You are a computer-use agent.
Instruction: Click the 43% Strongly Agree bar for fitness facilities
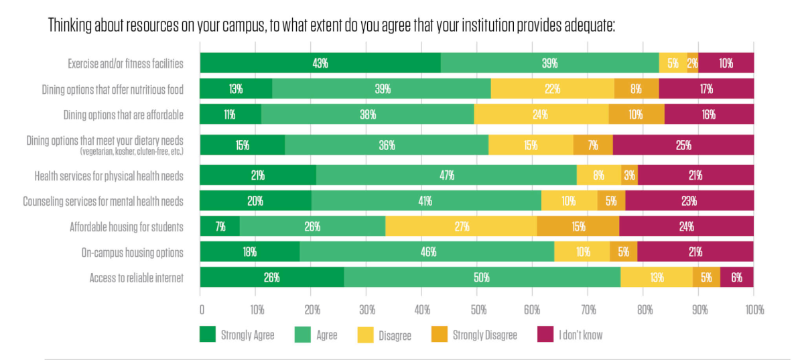(320, 63)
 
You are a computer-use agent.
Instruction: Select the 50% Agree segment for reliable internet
(482, 278)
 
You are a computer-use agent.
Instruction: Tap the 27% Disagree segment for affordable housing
(461, 227)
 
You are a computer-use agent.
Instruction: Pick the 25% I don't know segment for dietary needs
(683, 145)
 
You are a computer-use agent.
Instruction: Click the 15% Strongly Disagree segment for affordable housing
(578, 227)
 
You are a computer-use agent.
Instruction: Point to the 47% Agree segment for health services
(447, 176)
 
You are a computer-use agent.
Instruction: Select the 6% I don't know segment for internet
(737, 278)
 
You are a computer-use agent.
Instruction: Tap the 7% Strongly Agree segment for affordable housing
(220, 227)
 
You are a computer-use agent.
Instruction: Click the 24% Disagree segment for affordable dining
(541, 114)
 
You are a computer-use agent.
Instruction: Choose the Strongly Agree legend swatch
(208, 335)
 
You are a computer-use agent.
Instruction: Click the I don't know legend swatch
(545, 335)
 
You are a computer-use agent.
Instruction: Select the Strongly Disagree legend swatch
(439, 335)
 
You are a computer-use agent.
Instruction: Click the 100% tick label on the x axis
(753, 310)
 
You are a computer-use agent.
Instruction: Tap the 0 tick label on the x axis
(202, 310)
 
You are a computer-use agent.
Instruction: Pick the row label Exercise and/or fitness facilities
(125, 64)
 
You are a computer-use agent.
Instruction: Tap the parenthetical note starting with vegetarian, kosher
(131, 152)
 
